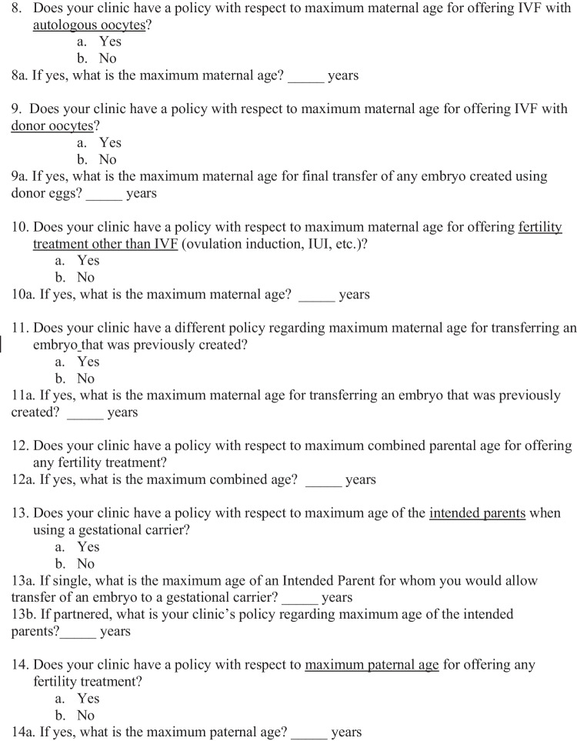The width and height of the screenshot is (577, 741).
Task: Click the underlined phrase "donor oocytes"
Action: [52, 126]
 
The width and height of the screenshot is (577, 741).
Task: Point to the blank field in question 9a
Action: [104, 194]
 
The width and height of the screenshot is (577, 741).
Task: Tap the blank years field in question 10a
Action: [316, 295]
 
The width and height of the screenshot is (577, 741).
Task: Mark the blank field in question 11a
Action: [85, 413]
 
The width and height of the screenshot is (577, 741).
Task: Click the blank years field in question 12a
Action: [323, 480]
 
